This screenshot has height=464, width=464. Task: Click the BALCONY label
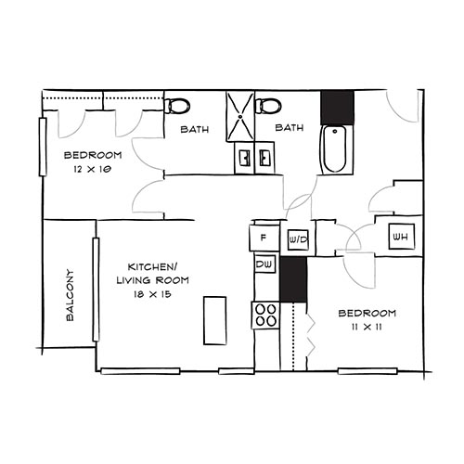tap(71, 295)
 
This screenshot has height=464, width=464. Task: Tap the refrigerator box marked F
tap(264, 238)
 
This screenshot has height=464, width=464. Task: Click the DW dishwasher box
tap(264, 265)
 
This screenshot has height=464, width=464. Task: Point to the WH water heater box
tap(401, 237)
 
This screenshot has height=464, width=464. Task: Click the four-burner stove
tap(265, 316)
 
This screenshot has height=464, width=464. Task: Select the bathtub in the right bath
tap(335, 151)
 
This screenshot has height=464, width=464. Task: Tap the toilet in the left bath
tap(177, 106)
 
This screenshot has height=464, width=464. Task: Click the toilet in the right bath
tap(268, 106)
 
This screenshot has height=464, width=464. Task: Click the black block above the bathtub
tap(337, 107)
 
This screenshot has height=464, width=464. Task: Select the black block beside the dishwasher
tap(292, 279)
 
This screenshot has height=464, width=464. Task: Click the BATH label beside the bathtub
tap(290, 128)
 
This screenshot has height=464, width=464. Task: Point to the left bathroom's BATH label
tap(195, 128)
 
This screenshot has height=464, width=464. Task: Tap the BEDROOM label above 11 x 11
tap(367, 313)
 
